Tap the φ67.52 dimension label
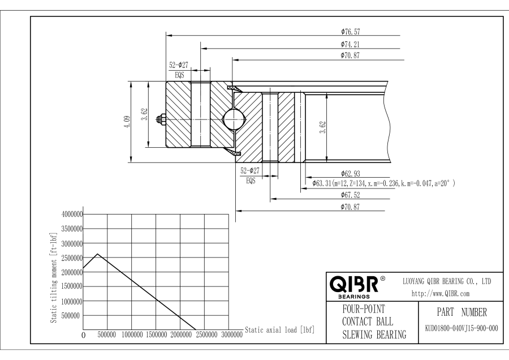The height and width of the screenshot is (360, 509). click(351, 195)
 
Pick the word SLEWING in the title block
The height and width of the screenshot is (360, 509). click(359, 335)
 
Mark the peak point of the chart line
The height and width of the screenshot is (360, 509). click(98, 254)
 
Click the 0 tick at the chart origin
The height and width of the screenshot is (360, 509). click(84, 336)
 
